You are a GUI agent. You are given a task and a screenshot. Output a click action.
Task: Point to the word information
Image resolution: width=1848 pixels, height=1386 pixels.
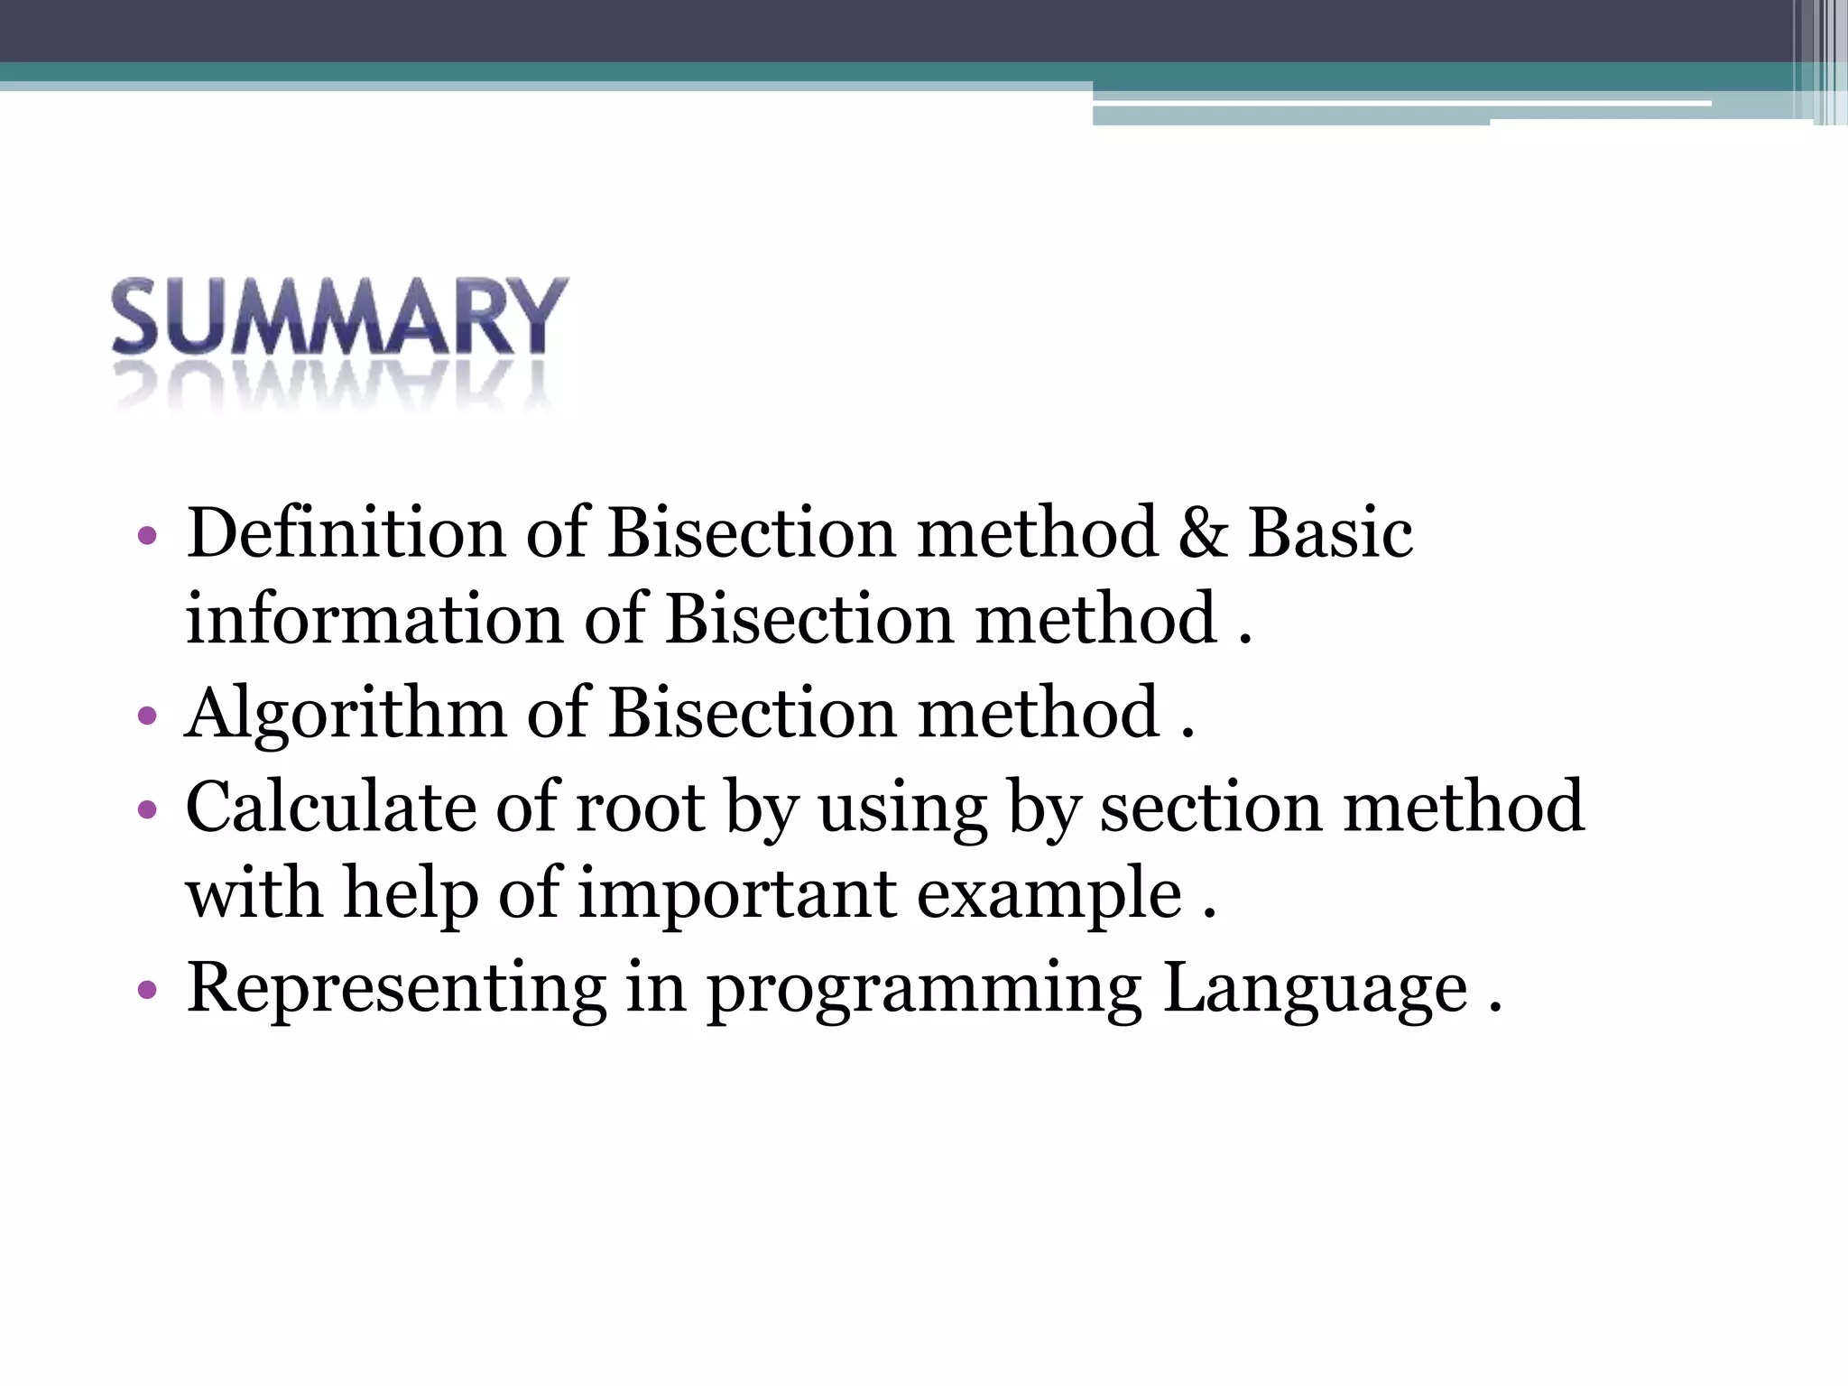(x=374, y=620)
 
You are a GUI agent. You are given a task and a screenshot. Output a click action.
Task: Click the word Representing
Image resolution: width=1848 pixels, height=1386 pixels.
(x=396, y=989)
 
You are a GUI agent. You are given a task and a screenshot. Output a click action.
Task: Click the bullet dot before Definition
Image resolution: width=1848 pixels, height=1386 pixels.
(x=147, y=537)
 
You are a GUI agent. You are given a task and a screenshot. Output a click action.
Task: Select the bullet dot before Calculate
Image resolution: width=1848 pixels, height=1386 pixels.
(x=147, y=809)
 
